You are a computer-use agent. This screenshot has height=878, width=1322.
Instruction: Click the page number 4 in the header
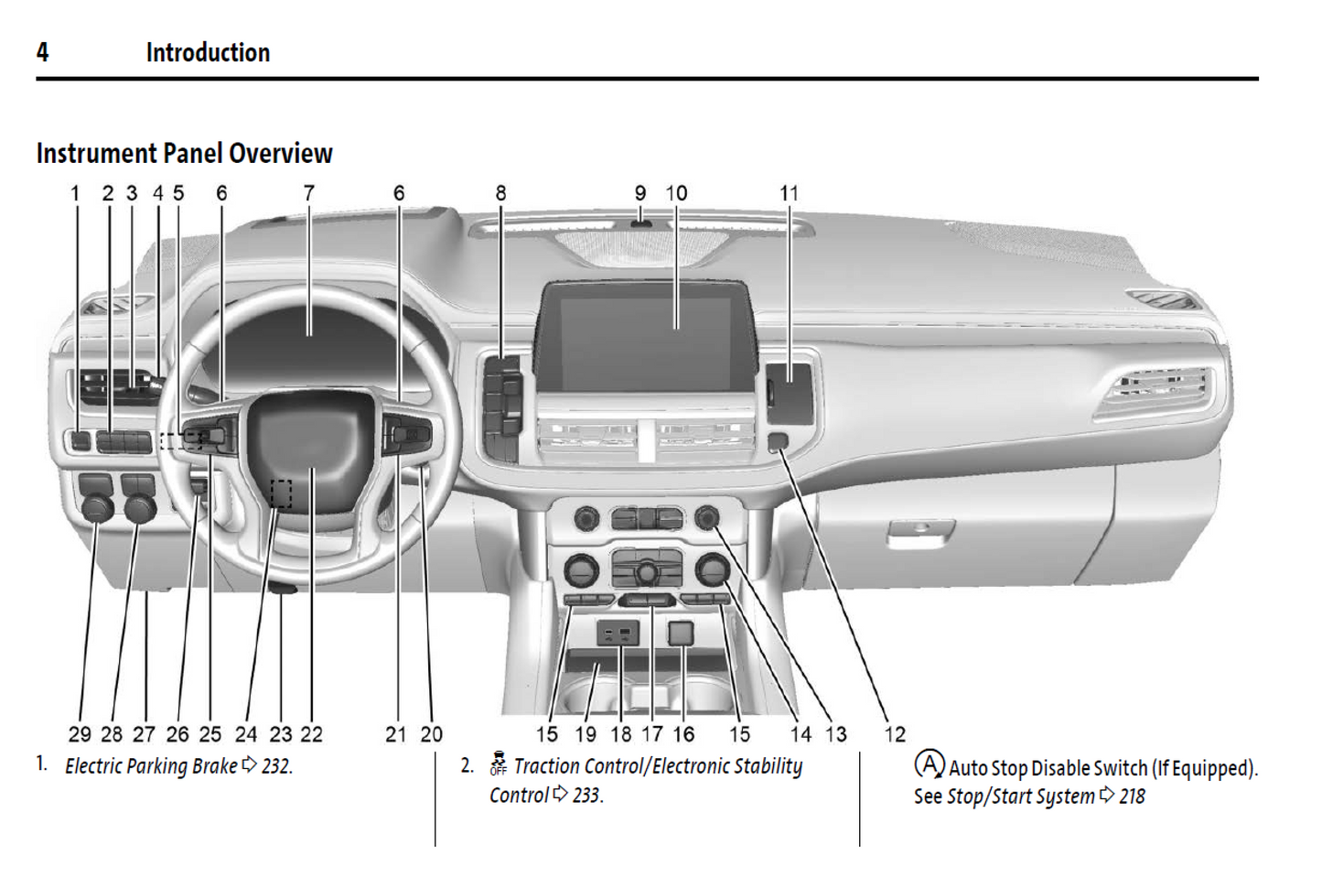tap(42, 52)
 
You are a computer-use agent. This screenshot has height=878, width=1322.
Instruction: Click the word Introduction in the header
tap(208, 53)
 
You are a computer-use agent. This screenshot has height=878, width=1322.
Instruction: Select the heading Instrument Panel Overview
tap(184, 154)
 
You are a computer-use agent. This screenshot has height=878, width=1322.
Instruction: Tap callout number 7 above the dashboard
tap(309, 193)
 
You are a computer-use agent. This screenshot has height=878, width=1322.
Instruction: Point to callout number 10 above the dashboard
tap(676, 193)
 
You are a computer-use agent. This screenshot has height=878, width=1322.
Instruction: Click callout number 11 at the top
tap(789, 193)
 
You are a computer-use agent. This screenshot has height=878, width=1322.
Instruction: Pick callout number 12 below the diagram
tap(894, 734)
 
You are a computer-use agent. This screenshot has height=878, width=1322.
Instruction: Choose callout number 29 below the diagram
tap(80, 734)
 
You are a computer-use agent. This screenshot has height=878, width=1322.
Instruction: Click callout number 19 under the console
tap(586, 734)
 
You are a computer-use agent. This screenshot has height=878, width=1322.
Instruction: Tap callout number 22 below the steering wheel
tap(312, 734)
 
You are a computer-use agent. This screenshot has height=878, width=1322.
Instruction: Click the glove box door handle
tap(921, 532)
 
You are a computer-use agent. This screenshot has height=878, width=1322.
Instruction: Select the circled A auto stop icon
tap(929, 764)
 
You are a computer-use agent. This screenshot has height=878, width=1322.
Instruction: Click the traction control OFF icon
tap(498, 764)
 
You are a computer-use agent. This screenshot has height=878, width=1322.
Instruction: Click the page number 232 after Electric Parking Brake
tap(275, 766)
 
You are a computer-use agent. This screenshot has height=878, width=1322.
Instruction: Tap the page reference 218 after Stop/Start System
tap(1132, 797)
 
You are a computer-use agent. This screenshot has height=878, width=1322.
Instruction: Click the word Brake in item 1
tap(215, 766)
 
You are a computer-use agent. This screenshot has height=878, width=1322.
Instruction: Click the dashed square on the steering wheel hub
tap(281, 493)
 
